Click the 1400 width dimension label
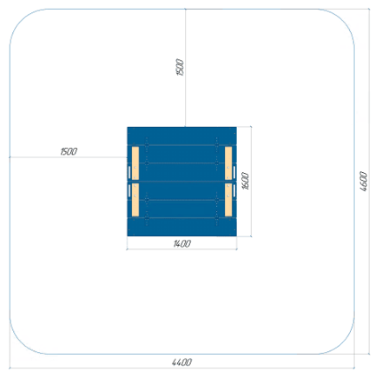pyautogui.click(x=182, y=243)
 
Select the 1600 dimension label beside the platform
pyautogui.click(x=245, y=181)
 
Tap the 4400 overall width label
pyautogui.click(x=181, y=362)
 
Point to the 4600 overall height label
pyautogui.click(x=364, y=182)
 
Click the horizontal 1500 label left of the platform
pyautogui.click(x=69, y=151)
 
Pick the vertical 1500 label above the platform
pyautogui.click(x=180, y=67)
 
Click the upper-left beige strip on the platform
pyautogui.click(x=135, y=163)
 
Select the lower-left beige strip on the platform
pyautogui.click(x=135, y=200)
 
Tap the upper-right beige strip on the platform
pyautogui.click(x=228, y=163)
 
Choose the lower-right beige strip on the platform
pyautogui.click(x=228, y=200)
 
